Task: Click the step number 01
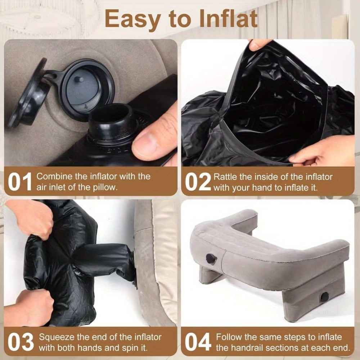pyautogui.click(x=20, y=182)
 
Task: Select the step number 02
pyautogui.click(x=198, y=182)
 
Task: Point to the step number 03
pyautogui.click(x=21, y=342)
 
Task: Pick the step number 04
pyautogui.click(x=198, y=342)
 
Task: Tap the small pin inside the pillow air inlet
pyautogui.click(x=79, y=79)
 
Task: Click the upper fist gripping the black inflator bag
pyautogui.click(x=32, y=218)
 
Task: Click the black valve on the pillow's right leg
pyautogui.click(x=325, y=297)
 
